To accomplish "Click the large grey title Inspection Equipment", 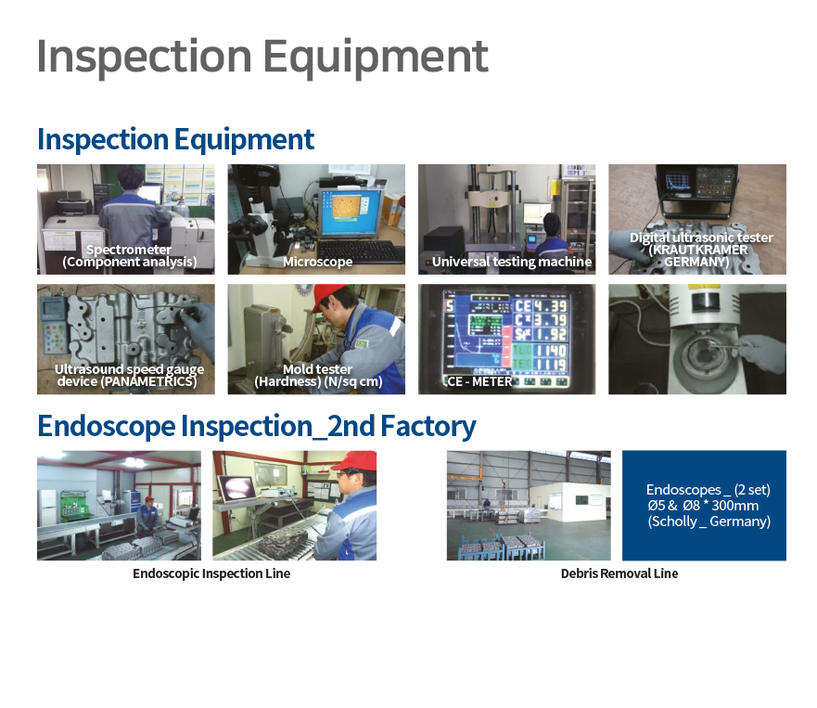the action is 262,58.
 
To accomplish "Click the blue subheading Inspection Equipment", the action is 175,140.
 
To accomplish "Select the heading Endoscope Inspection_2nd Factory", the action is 257,427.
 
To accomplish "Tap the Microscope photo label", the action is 317,262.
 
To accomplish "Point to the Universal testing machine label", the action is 512,262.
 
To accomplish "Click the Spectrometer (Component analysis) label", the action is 129,255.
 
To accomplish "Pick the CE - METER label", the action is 479,381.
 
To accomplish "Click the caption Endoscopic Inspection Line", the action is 211,573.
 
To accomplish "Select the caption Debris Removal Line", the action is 619,573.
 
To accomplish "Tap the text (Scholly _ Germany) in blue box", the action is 709,521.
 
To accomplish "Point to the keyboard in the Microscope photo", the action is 360,252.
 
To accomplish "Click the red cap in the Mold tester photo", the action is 330,295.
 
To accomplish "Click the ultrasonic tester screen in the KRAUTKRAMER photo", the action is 675,182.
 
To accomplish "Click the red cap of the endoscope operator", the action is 355,461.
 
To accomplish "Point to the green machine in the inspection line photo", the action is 75,505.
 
